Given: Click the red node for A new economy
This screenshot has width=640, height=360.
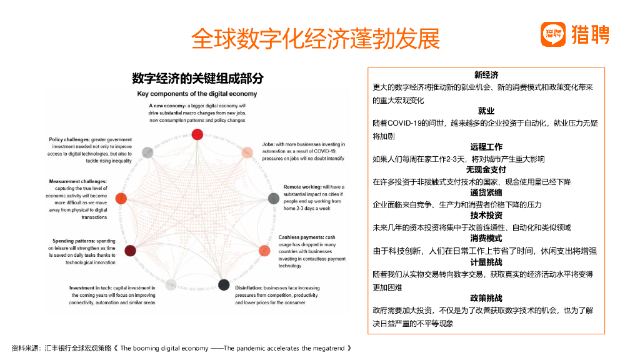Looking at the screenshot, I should point(197,134).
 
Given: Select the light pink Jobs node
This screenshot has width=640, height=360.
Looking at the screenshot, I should point(247,151).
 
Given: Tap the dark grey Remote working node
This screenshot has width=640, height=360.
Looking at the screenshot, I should point(273,198).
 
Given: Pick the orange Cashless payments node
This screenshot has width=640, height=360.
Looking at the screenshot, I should point(264,251).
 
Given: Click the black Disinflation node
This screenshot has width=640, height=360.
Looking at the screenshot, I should point(224,285).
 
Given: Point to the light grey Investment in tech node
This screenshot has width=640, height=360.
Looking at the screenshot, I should point(170,285).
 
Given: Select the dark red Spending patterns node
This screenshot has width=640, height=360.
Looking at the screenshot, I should point(130,251).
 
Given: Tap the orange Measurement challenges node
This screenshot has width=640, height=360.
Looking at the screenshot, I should point(121,198).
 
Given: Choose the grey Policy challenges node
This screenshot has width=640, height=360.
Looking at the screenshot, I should point(147,152).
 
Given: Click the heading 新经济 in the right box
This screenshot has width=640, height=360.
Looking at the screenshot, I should point(486,75).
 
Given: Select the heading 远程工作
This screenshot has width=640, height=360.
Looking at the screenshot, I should point(486,147).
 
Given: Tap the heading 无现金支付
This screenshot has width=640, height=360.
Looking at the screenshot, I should point(486,170).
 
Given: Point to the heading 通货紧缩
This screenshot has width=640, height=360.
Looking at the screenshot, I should point(486,193).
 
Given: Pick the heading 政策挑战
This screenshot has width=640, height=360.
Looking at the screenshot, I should point(486,298).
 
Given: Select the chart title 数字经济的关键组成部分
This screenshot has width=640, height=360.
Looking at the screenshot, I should point(197,79).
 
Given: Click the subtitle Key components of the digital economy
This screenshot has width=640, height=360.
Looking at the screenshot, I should point(197,94).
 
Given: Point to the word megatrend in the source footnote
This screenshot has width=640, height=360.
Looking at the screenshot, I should point(327,347).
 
